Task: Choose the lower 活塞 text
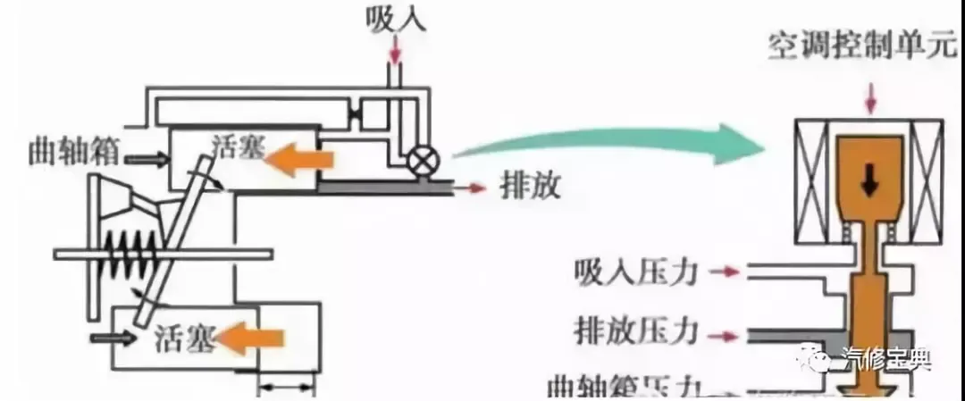point(182,339)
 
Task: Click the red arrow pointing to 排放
point(474,188)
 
